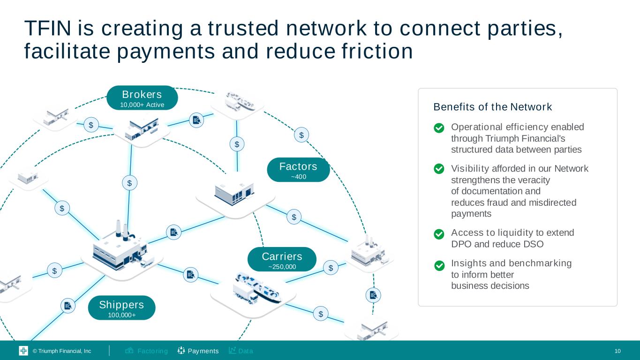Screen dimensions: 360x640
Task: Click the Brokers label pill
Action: pyautogui.click(x=142, y=98)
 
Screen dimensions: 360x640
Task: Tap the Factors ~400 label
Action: pyautogui.click(x=298, y=170)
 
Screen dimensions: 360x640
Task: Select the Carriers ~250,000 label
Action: pyautogui.click(x=282, y=260)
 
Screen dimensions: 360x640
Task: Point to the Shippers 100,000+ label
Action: pyautogui.click(x=121, y=308)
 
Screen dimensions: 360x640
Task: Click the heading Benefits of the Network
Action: pyautogui.click(x=493, y=107)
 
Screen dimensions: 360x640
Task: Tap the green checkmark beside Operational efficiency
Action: pyautogui.click(x=439, y=128)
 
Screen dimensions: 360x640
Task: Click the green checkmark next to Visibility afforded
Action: pyautogui.click(x=439, y=169)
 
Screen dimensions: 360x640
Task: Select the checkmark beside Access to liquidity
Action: pyautogui.click(x=439, y=234)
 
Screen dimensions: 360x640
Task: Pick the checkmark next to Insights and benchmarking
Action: pyautogui.click(x=439, y=266)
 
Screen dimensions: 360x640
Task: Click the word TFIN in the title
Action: pyautogui.click(x=48, y=29)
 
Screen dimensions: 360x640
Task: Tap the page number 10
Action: pyautogui.click(x=617, y=351)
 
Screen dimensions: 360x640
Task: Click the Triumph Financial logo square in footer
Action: pyautogui.click(x=23, y=351)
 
